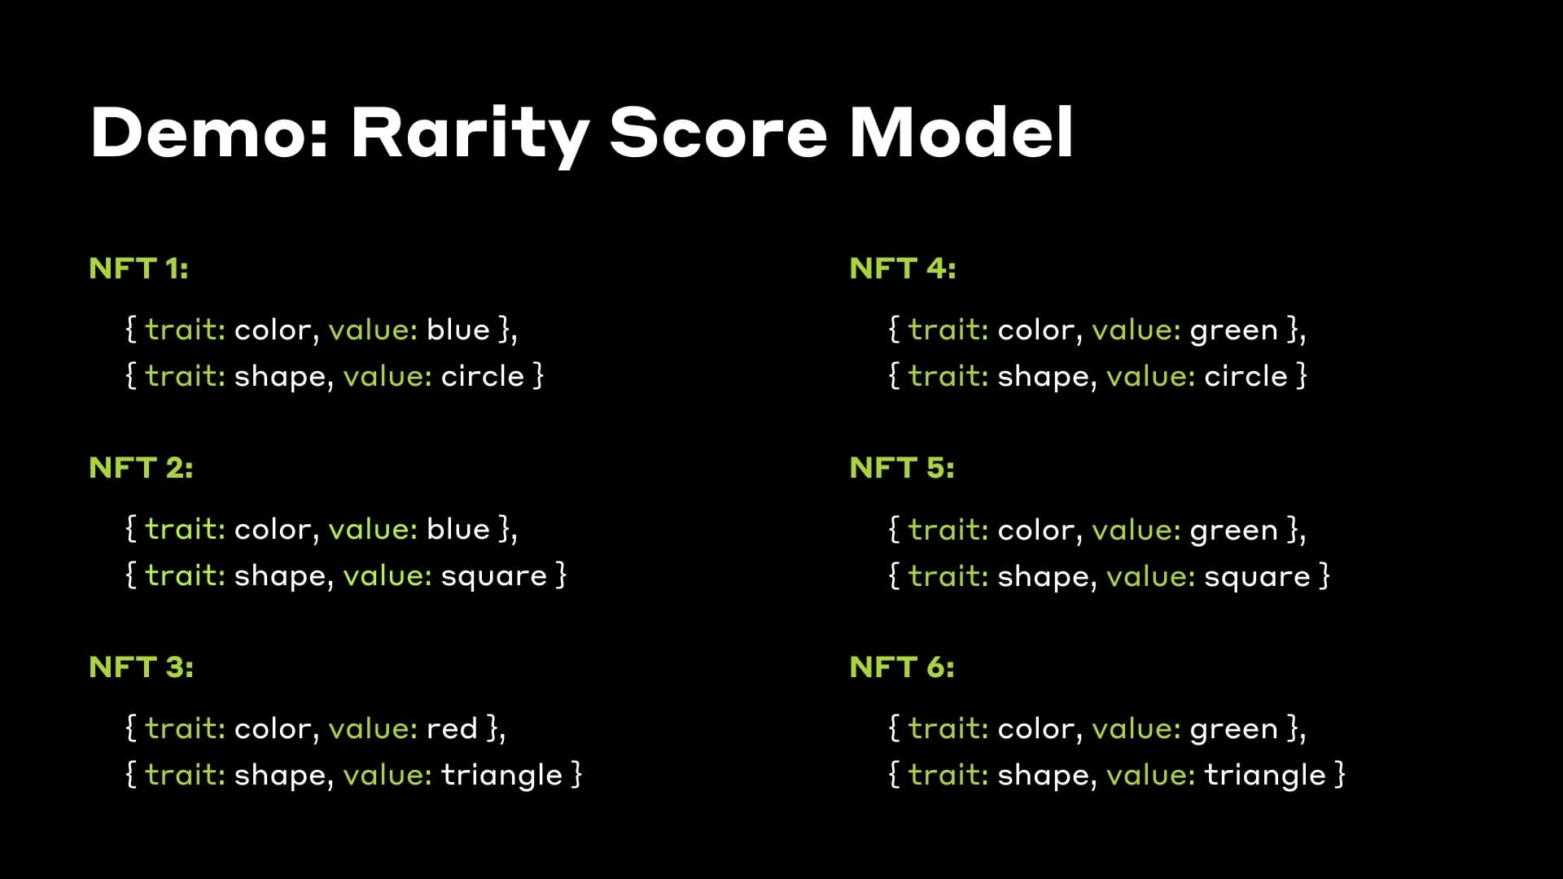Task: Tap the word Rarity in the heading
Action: click(471, 133)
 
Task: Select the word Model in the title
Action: click(961, 133)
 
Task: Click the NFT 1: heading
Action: click(138, 269)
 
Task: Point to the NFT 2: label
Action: click(141, 468)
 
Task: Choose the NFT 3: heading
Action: click(141, 667)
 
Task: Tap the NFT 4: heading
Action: click(902, 269)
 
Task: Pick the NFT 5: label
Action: click(901, 468)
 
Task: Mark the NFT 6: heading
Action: click(901, 667)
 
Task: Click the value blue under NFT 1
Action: click(458, 330)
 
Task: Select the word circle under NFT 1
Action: click(482, 376)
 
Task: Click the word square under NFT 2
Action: click(493, 576)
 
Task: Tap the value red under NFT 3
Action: click(452, 728)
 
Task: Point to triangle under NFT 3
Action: click(501, 775)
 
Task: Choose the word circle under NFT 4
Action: click(1246, 376)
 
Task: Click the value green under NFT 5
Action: click(1233, 531)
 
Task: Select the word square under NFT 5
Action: click(1257, 577)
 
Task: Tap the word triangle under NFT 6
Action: click(1265, 775)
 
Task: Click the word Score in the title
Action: click(718, 133)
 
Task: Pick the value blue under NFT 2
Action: click(458, 530)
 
